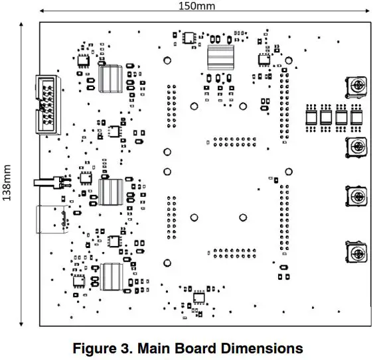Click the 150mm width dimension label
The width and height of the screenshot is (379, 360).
pyautogui.click(x=197, y=6)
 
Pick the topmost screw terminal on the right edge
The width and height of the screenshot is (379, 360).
pyautogui.click(x=357, y=86)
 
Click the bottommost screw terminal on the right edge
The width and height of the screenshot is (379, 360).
pyautogui.click(x=357, y=253)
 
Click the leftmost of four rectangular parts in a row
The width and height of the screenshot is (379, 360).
pyautogui.click(x=311, y=118)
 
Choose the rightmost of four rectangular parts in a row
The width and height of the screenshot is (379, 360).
pyautogui.click(x=357, y=118)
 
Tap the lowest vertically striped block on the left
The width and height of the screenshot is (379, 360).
pyautogui.click(x=112, y=276)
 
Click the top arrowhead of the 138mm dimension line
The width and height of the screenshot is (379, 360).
pyautogui.click(x=22, y=24)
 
